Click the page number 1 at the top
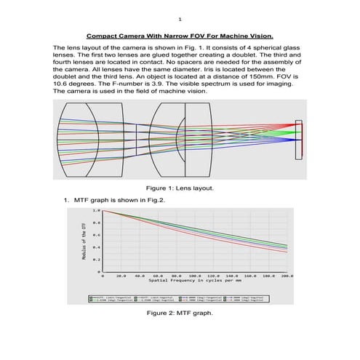click(x=180, y=19)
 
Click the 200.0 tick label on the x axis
click(x=286, y=276)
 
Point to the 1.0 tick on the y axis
click(x=96, y=209)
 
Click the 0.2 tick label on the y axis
click(x=96, y=260)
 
